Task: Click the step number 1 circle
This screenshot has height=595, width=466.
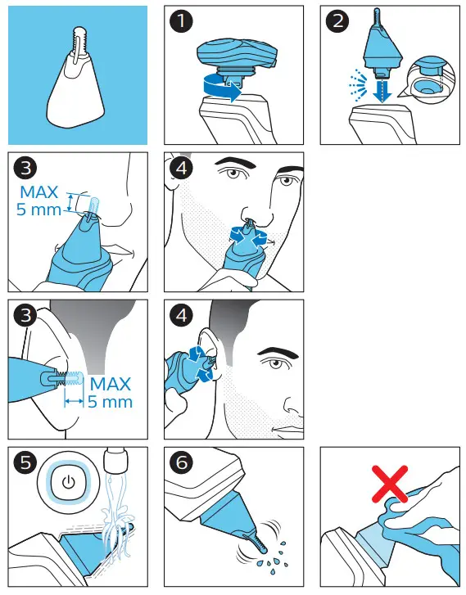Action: [x=181, y=21]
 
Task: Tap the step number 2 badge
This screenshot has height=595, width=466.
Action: [x=337, y=21]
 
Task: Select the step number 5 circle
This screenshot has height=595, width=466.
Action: [x=25, y=462]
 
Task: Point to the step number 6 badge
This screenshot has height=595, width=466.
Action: [x=181, y=462]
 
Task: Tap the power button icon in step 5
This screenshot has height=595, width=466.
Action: [x=68, y=482]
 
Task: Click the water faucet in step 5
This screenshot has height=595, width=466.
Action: [x=115, y=459]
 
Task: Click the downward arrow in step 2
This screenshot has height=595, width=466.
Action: [x=382, y=88]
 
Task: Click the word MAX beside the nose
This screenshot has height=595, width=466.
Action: [x=39, y=192]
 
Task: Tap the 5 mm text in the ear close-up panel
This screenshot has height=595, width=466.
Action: [x=110, y=402]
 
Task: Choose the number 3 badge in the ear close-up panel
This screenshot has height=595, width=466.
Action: [x=25, y=315]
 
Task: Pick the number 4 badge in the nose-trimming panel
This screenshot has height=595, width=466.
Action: [x=181, y=168]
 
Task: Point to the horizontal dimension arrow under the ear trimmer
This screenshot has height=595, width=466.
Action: [x=74, y=401]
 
